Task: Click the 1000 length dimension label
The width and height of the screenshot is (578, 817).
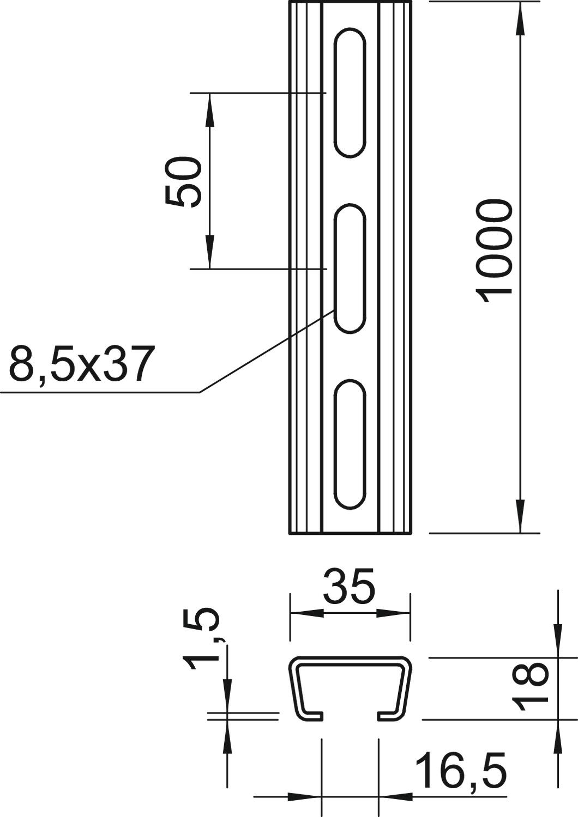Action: pyautogui.click(x=493, y=251)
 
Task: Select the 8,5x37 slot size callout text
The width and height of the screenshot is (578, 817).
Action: pyautogui.click(x=80, y=364)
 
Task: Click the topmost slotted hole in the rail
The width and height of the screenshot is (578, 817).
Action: pyautogui.click(x=350, y=93)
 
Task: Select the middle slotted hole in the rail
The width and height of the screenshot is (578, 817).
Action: pyautogui.click(x=350, y=268)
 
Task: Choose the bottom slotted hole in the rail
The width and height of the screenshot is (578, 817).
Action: pyautogui.click(x=350, y=444)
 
